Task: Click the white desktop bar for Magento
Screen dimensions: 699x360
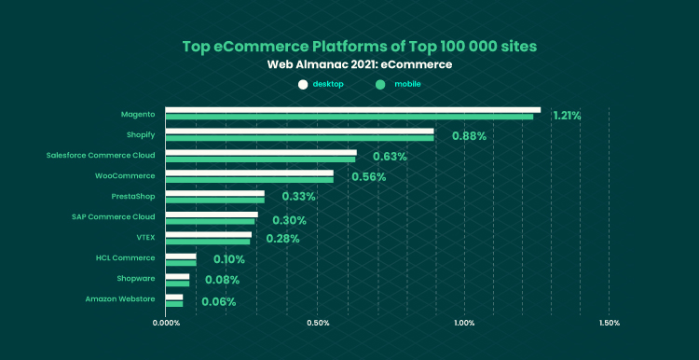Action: pyautogui.click(x=352, y=110)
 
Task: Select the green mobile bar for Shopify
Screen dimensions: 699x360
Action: pyautogui.click(x=299, y=138)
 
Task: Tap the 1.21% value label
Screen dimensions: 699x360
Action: pyautogui.click(x=567, y=116)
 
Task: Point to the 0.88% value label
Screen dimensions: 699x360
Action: pyautogui.click(x=469, y=136)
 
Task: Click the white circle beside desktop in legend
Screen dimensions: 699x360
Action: pyautogui.click(x=303, y=84)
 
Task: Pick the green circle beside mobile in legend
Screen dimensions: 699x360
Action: pyautogui.click(x=380, y=84)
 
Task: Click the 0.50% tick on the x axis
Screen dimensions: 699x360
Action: pyautogui.click(x=318, y=323)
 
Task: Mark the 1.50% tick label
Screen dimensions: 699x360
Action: pyautogui.click(x=609, y=323)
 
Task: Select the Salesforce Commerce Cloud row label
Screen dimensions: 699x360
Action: pyautogui.click(x=101, y=155)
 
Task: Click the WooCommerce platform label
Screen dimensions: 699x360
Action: pyautogui.click(x=125, y=175)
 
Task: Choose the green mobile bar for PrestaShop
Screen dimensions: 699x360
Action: pyautogui.click(x=215, y=201)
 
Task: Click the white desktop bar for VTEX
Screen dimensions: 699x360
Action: pyautogui.click(x=209, y=235)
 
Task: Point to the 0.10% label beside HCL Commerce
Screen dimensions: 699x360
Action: pyautogui.click(x=229, y=259)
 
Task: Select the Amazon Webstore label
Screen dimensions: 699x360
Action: pyautogui.click(x=120, y=298)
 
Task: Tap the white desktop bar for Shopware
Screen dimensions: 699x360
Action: pyautogui.click(x=177, y=277)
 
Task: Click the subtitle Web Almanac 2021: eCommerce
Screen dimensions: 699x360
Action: pyautogui.click(x=360, y=64)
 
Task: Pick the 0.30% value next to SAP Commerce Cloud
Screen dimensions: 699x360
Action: pyautogui.click(x=289, y=220)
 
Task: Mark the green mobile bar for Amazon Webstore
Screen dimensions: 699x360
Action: pyautogui.click(x=174, y=304)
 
